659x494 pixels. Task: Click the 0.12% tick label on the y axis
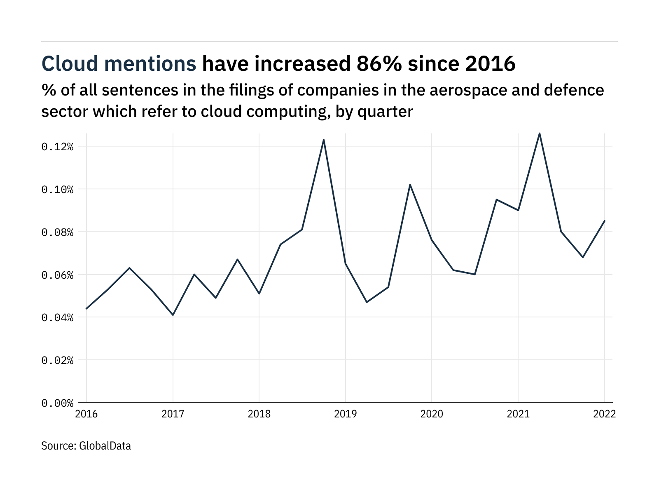(57, 147)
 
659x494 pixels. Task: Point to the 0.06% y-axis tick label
(57, 275)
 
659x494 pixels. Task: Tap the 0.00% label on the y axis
(57, 403)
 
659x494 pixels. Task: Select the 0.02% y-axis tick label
(57, 360)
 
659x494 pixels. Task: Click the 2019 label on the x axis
(345, 414)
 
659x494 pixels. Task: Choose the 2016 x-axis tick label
(86, 414)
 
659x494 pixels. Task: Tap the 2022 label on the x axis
(604, 414)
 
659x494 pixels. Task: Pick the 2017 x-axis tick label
(173, 414)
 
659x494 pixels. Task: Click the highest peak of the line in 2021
(540, 133)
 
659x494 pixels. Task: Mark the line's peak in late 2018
(324, 140)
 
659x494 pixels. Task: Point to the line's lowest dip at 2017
(173, 315)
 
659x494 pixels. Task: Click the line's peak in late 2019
(410, 184)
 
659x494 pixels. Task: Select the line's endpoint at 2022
(604, 221)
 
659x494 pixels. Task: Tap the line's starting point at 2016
(86, 308)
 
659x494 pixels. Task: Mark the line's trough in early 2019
(367, 302)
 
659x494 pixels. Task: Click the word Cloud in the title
(70, 64)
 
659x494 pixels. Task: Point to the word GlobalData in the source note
(105, 446)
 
